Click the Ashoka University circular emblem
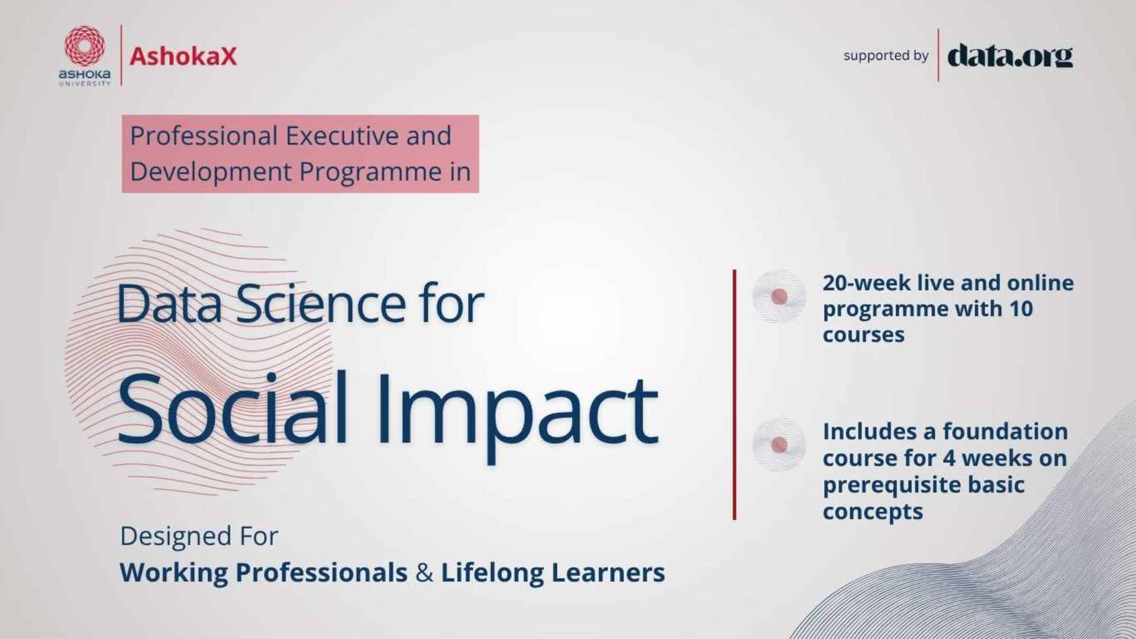tap(85, 46)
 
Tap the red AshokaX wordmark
tap(183, 56)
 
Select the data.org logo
tap(1010, 56)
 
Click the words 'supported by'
tap(886, 56)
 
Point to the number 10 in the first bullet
tap(1021, 309)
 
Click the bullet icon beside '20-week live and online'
tap(779, 296)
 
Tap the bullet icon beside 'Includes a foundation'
tap(779, 444)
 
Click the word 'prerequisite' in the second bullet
tap(891, 486)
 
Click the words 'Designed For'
tap(199, 537)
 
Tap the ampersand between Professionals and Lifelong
tap(424, 573)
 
